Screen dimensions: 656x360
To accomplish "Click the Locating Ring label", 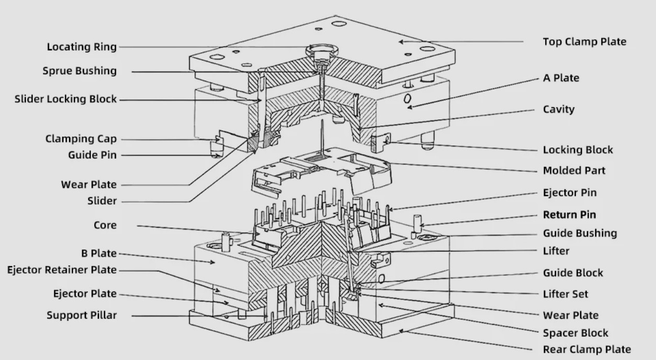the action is tap(82, 47).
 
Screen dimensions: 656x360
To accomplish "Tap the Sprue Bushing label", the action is tap(80, 71).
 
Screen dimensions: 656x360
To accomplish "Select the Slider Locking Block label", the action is tap(65, 99).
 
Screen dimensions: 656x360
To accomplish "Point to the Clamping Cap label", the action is tap(81, 139).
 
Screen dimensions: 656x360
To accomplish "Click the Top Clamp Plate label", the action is tap(584, 42).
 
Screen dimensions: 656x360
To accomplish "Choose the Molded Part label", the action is tap(574, 171).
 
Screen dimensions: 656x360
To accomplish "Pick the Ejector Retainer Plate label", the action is tap(62, 270).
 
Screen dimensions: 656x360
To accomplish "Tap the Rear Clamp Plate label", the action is tap(587, 350).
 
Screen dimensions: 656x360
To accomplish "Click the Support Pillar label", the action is tap(82, 315).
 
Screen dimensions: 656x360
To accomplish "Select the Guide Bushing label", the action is tap(580, 233).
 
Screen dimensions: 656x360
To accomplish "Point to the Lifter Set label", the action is tap(565, 294).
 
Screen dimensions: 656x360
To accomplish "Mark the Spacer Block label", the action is tap(575, 333).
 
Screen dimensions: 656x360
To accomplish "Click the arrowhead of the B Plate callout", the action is tap(212, 262).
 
